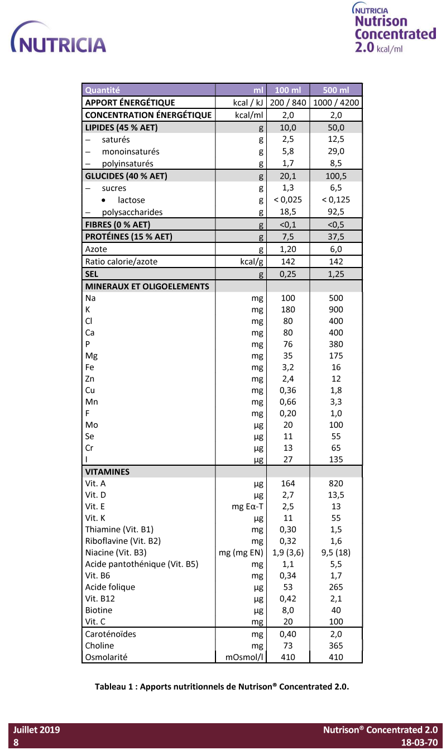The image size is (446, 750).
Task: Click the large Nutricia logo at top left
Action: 58,39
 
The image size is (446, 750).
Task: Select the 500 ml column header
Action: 336,90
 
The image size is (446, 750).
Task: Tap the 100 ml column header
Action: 287,90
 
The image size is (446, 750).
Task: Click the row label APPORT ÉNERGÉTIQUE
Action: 130,103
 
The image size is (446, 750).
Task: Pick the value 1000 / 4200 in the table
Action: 336,103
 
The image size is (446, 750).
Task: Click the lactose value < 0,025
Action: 287,200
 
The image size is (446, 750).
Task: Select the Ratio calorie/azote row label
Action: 121,261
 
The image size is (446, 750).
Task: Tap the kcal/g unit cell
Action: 251,261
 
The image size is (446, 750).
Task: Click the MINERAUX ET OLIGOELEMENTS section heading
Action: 147,286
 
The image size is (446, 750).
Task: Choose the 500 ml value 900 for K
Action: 336,309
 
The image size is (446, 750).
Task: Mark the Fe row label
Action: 90,367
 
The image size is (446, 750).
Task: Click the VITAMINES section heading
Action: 107,472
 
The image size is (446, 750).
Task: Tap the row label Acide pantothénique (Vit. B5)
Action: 142,564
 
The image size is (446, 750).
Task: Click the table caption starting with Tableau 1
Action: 222,687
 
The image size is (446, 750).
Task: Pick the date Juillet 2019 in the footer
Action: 37,730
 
